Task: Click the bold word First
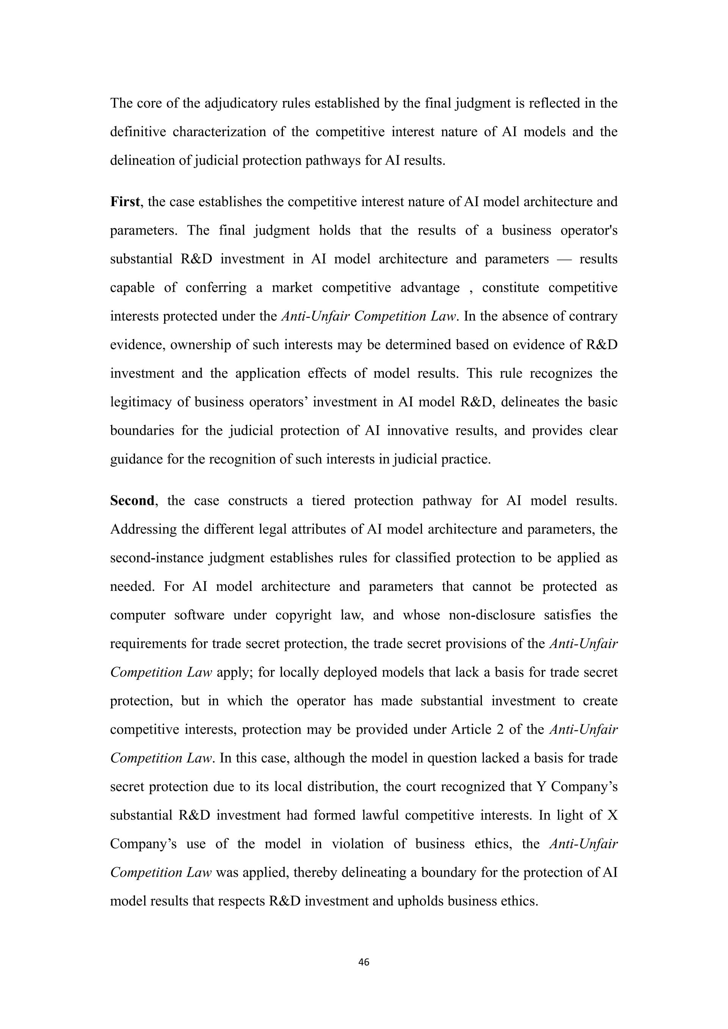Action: pos(125,202)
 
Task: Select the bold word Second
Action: pos(132,501)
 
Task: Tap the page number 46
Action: pos(364,962)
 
